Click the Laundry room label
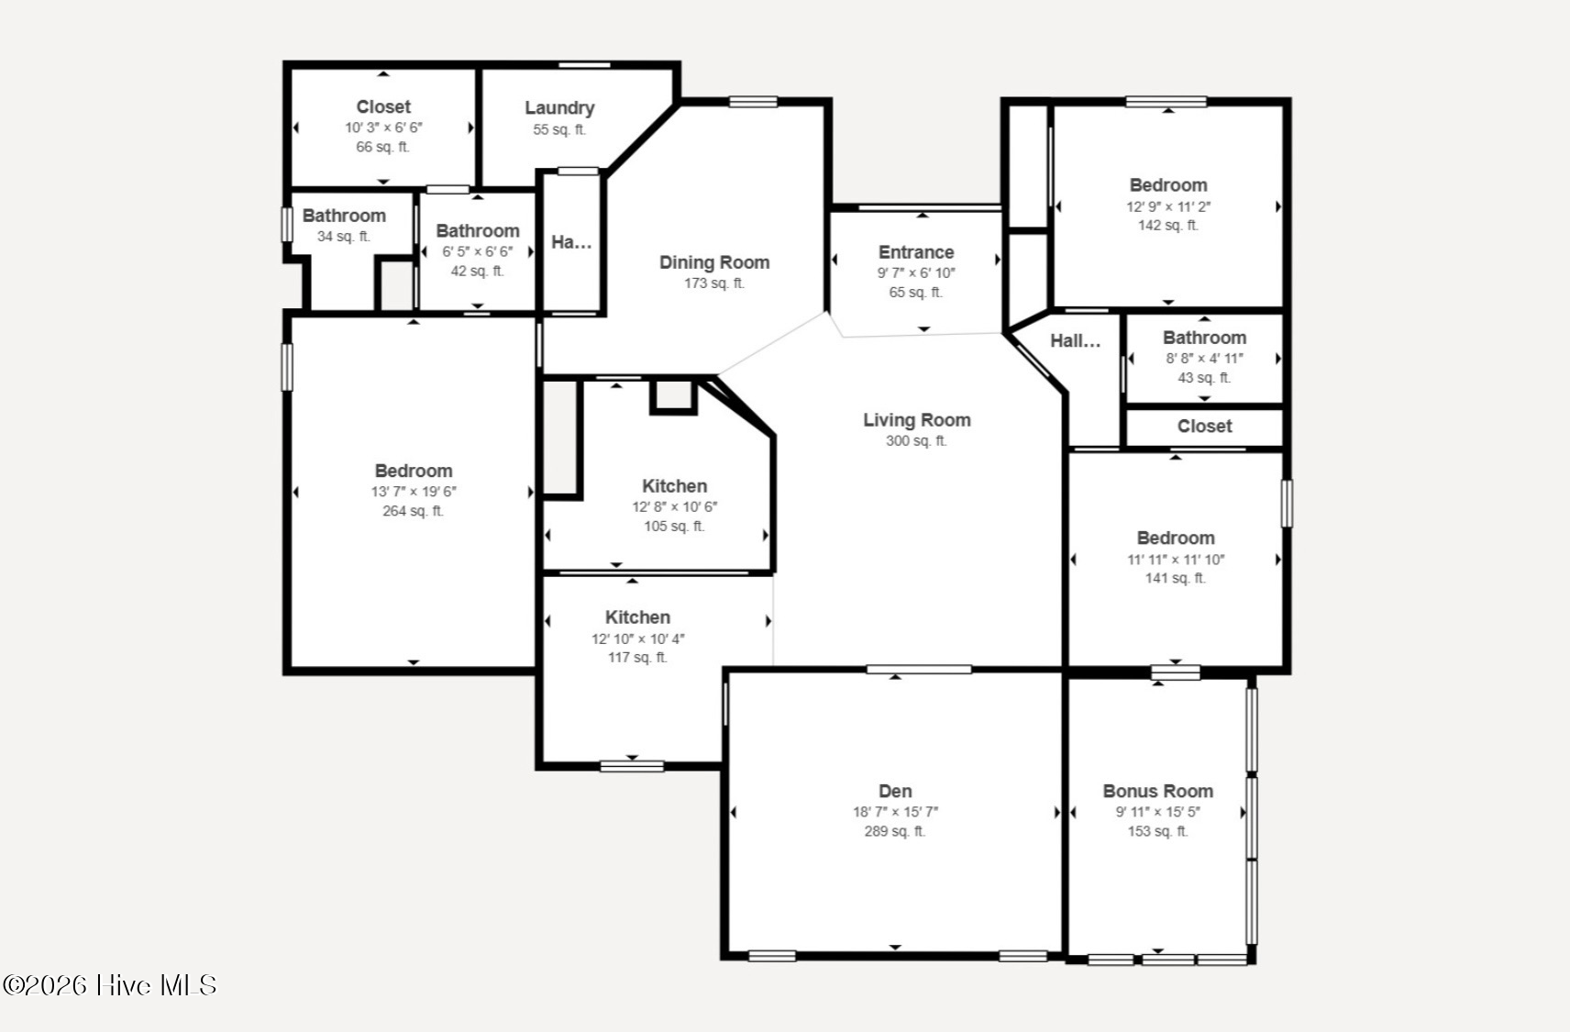[x=559, y=108]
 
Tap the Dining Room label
[x=714, y=262]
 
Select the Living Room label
[x=917, y=420]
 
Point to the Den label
[x=895, y=791]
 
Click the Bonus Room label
[x=1158, y=791]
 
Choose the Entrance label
[x=916, y=252]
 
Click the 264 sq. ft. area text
[x=413, y=511]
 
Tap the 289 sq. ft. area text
[x=895, y=831]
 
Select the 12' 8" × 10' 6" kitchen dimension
[x=674, y=507]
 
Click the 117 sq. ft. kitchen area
[x=637, y=658]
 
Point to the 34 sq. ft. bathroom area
[x=343, y=237]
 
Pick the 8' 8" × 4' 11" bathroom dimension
[x=1204, y=359]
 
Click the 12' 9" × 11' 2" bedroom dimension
[x=1168, y=206]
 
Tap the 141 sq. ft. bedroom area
[x=1176, y=579]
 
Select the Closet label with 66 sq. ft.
[x=383, y=106]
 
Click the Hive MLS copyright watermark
[x=109, y=985]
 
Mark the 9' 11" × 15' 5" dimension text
[x=1158, y=812]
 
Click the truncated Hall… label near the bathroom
[x=1075, y=340]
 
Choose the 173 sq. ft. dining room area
[x=714, y=283]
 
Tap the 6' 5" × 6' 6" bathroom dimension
[x=477, y=251]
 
